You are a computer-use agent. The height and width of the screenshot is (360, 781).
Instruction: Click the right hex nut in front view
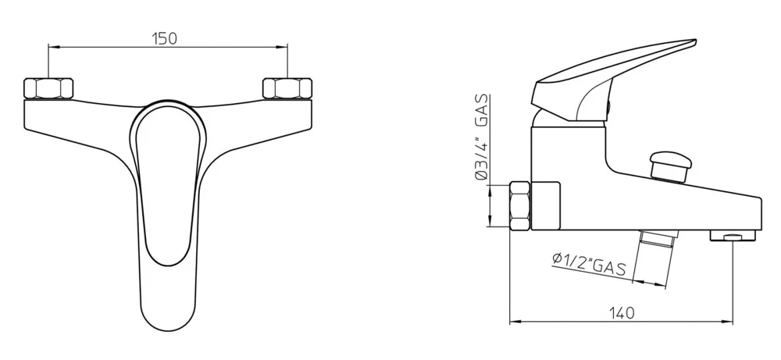(287, 88)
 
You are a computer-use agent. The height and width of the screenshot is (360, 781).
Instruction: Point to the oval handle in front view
(167, 187)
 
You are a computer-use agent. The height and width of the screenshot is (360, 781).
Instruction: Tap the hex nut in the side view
(520, 205)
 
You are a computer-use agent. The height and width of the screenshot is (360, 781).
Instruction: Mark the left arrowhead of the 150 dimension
(52, 48)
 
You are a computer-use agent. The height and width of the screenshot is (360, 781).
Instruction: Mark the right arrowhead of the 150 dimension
(284, 48)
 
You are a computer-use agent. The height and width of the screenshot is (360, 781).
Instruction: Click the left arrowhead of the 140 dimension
(513, 322)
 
